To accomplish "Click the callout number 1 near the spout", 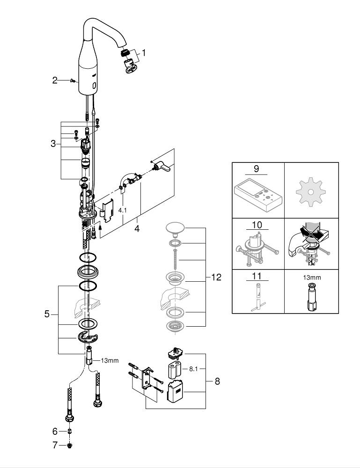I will tap(144, 53).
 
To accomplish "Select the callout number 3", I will tap(53, 144).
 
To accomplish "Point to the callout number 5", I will tap(47, 314).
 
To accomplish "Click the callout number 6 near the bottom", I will tap(55, 431).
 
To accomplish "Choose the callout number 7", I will tap(55, 445).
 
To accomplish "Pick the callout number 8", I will tap(217, 381).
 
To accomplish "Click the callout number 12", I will tap(216, 278).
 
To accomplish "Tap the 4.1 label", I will tap(122, 211).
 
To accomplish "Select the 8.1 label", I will tap(194, 369).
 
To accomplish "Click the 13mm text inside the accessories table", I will tap(312, 277).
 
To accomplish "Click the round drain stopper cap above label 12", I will tap(175, 229).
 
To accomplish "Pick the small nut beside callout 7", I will tap(69, 445).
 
